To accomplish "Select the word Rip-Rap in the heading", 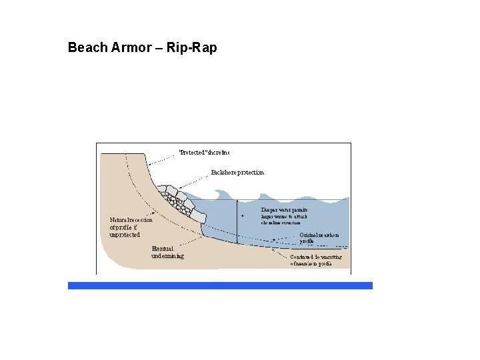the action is point(194,48).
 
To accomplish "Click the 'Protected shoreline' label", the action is point(204,152).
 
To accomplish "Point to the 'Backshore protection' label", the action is point(237,172).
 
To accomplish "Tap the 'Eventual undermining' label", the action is point(167,252).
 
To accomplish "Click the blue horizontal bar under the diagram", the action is point(220,285).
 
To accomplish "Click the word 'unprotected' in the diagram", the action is point(125,235).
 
